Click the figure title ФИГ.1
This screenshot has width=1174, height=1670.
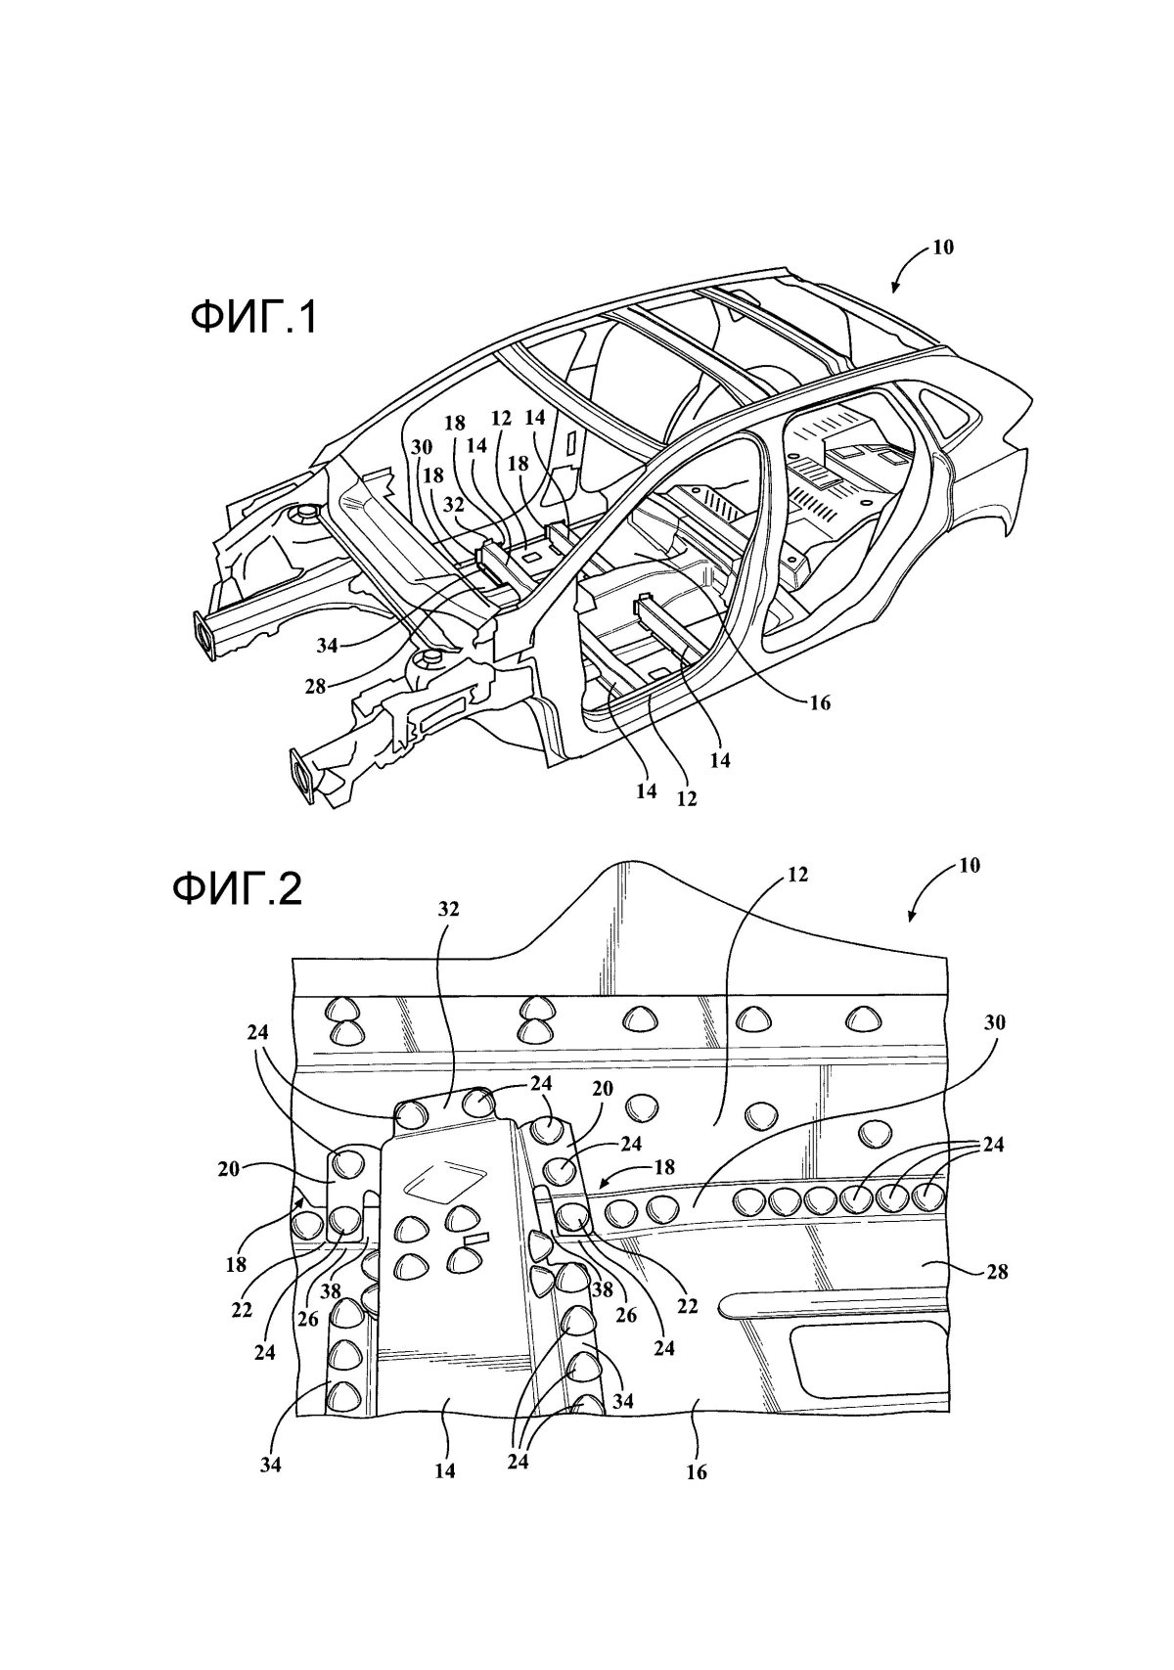click(x=253, y=319)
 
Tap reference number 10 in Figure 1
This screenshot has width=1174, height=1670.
click(x=943, y=248)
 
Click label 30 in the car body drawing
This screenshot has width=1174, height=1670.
click(x=421, y=447)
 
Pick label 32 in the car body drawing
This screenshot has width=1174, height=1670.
click(x=453, y=505)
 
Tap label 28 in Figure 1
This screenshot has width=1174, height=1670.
click(x=315, y=686)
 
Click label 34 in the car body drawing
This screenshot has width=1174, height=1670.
click(x=327, y=646)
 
